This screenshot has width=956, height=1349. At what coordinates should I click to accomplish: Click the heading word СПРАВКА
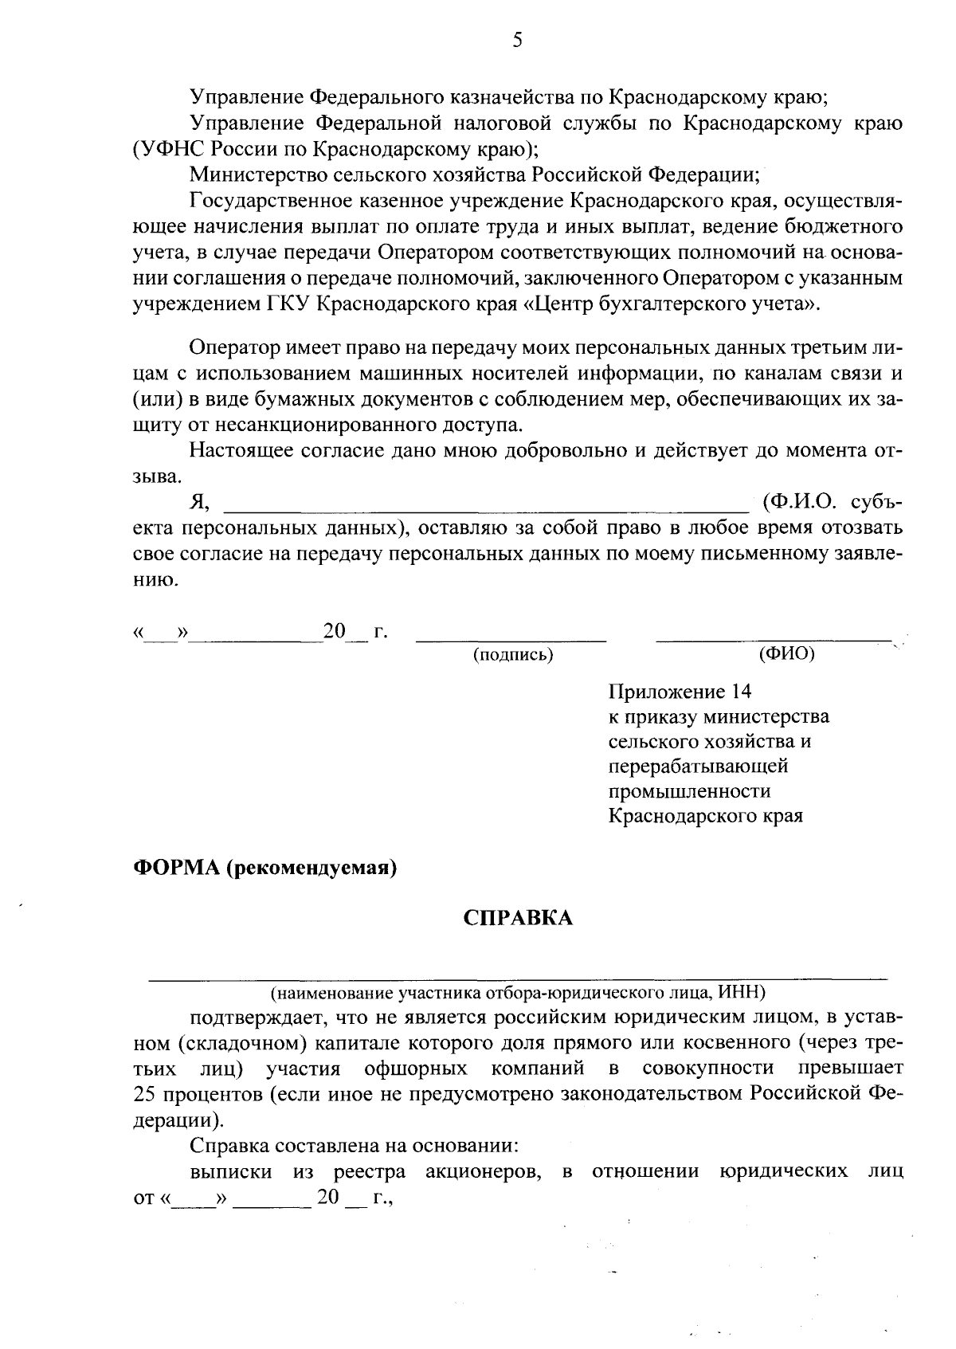click(518, 918)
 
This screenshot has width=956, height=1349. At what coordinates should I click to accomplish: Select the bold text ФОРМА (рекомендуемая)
click(264, 867)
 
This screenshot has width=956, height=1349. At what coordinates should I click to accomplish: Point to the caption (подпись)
click(513, 655)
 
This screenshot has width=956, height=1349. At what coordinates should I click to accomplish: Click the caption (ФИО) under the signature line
click(787, 653)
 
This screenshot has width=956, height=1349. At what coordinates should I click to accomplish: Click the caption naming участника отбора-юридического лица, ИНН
click(518, 992)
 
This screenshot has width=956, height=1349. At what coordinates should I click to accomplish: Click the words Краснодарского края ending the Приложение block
click(705, 816)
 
